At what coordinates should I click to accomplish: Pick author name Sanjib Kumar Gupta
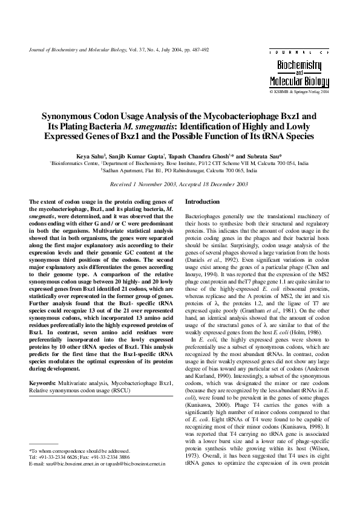142,156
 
